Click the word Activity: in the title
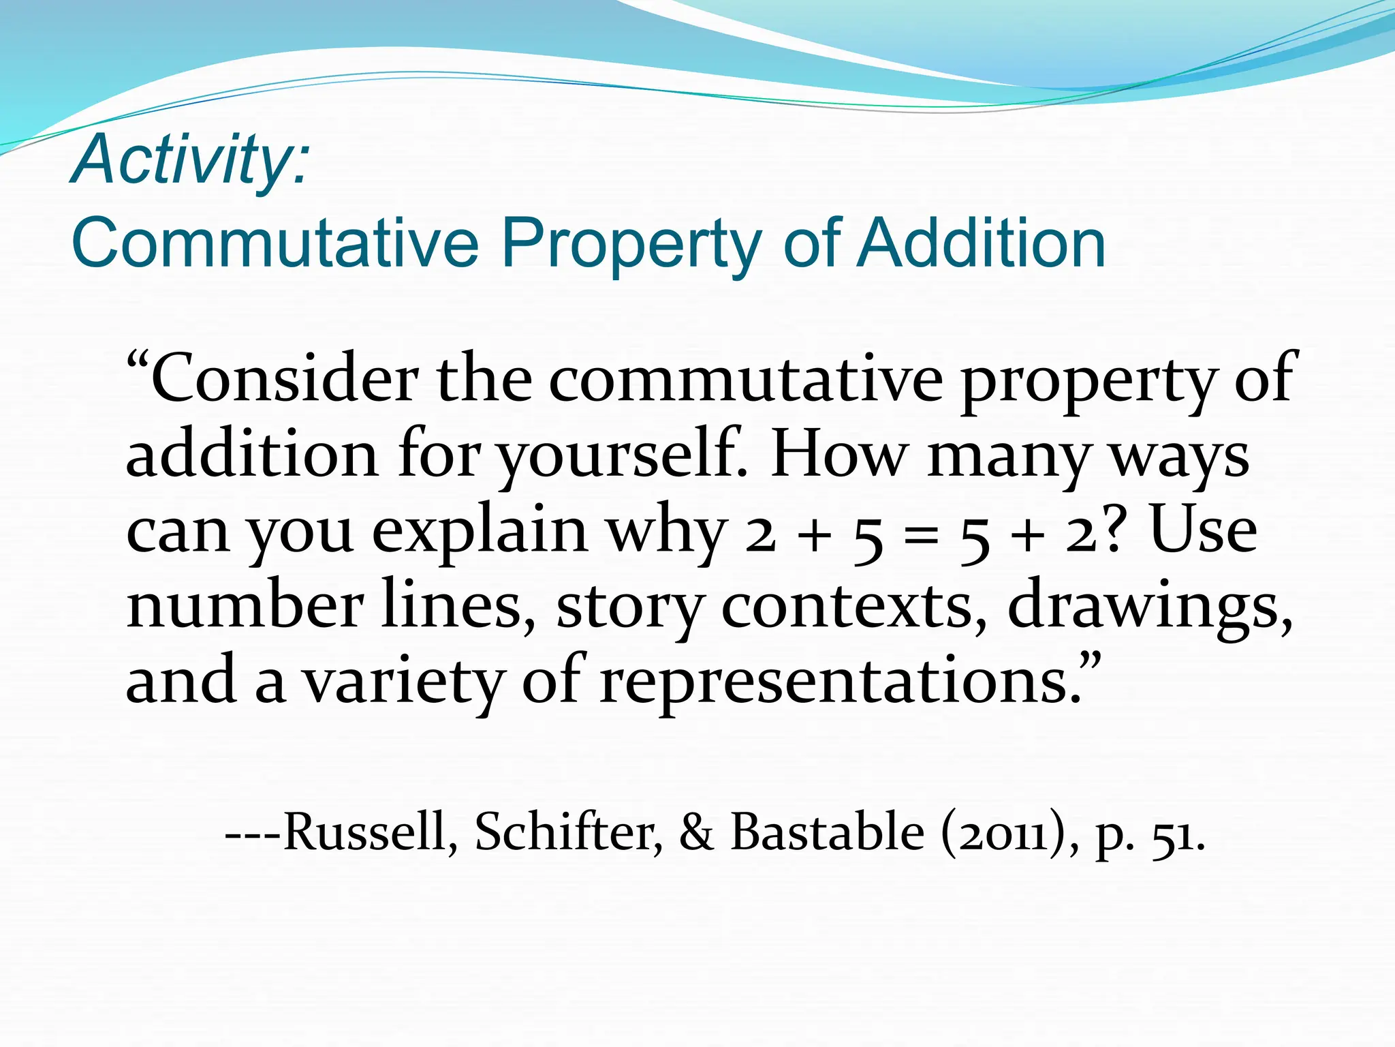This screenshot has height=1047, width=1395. (191, 161)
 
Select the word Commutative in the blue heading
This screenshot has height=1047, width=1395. (275, 243)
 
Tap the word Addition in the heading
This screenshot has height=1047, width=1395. (980, 243)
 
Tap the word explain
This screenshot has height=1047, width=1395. (480, 532)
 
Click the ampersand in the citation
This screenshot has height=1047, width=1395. (696, 833)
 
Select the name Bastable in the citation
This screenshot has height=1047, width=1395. (828, 832)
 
